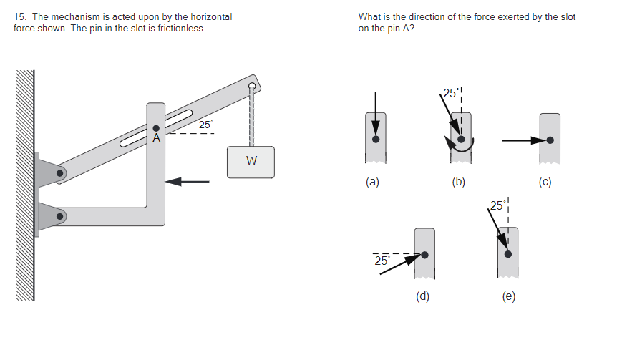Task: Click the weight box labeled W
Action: [x=251, y=161]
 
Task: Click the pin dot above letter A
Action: [x=156, y=128]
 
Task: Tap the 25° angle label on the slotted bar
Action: [x=205, y=125]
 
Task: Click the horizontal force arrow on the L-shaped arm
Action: [x=188, y=182]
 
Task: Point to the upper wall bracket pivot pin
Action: [x=62, y=172]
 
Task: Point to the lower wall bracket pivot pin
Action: [x=62, y=214]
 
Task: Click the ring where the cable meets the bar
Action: [x=251, y=87]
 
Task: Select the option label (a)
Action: [x=371, y=182]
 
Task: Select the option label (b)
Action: [x=459, y=182]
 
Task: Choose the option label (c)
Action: [x=545, y=182]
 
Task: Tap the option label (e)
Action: [x=508, y=296]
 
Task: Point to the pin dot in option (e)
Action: [x=508, y=253]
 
